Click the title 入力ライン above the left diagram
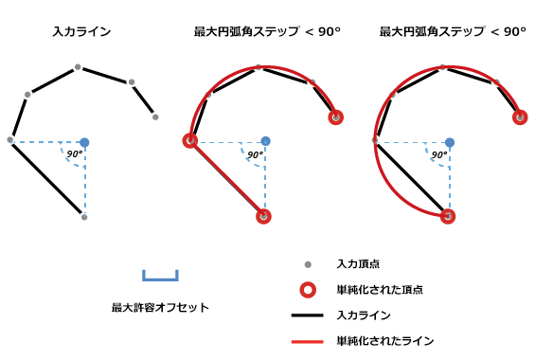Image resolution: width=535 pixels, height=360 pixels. pyautogui.click(x=81, y=31)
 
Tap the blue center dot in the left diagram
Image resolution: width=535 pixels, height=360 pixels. pyautogui.click(x=84, y=142)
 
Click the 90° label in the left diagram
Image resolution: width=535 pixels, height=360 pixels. pyautogui.click(x=74, y=153)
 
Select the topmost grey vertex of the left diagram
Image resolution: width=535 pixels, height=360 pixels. pyautogui.click(x=78, y=67)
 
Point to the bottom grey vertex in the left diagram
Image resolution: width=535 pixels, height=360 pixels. pyautogui.click(x=84, y=217)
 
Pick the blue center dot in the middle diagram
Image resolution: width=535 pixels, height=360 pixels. pyautogui.click(x=264, y=142)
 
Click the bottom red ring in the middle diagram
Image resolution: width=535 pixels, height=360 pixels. pyautogui.click(x=263, y=217)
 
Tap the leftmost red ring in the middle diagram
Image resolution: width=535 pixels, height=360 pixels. pyautogui.click(x=190, y=141)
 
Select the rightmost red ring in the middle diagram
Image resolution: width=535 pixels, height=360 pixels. pyautogui.click(x=336, y=117)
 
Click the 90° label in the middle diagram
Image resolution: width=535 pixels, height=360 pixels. pyautogui.click(x=254, y=153)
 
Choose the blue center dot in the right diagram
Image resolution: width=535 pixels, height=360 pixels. pyautogui.click(x=449, y=142)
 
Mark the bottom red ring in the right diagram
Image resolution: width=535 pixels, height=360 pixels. pyautogui.click(x=448, y=217)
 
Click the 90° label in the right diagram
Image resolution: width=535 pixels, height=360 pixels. pyautogui.click(x=438, y=153)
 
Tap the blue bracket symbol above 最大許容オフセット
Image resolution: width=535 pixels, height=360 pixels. pyautogui.click(x=160, y=277)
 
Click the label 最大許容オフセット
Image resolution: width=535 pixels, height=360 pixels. pyautogui.click(x=160, y=307)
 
